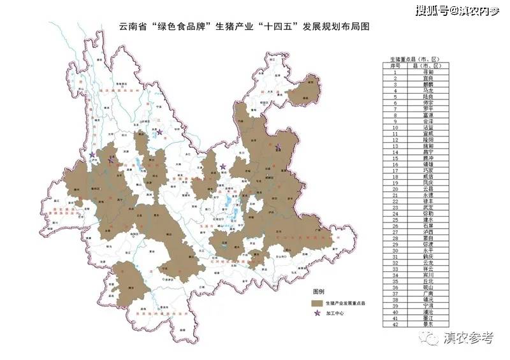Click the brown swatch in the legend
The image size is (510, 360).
[315, 302]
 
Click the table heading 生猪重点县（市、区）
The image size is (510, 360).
[418, 59]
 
